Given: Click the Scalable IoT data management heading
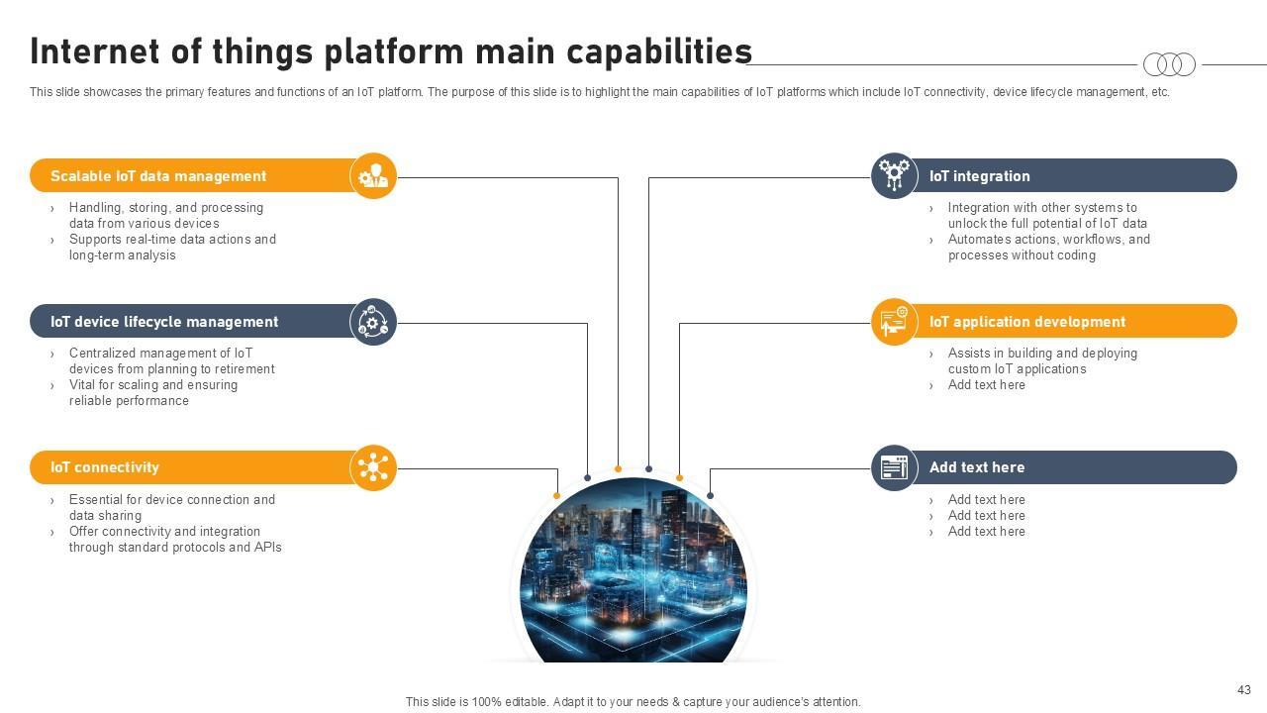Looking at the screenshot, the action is (x=157, y=176).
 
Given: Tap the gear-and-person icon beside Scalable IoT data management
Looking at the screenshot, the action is (x=373, y=176).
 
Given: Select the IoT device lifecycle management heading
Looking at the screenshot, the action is (x=164, y=322).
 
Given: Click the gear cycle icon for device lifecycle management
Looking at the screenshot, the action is (x=373, y=322).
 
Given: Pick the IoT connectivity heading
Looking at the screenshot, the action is (x=105, y=467).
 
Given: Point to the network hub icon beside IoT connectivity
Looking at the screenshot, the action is (x=373, y=467).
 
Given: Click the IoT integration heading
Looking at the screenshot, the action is (x=980, y=176).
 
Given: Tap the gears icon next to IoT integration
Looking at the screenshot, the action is (x=894, y=175).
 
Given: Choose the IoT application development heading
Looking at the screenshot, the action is (x=1027, y=322).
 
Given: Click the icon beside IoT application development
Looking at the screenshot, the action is (x=894, y=322).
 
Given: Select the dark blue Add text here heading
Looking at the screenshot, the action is (x=977, y=467).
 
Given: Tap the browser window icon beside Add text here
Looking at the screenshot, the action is (x=894, y=467).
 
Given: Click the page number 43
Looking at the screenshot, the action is (x=1244, y=690).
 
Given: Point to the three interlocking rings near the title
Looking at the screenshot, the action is (x=1169, y=64).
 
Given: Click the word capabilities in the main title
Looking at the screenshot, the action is (x=659, y=52).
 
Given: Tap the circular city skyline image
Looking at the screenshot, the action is (x=633, y=569).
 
